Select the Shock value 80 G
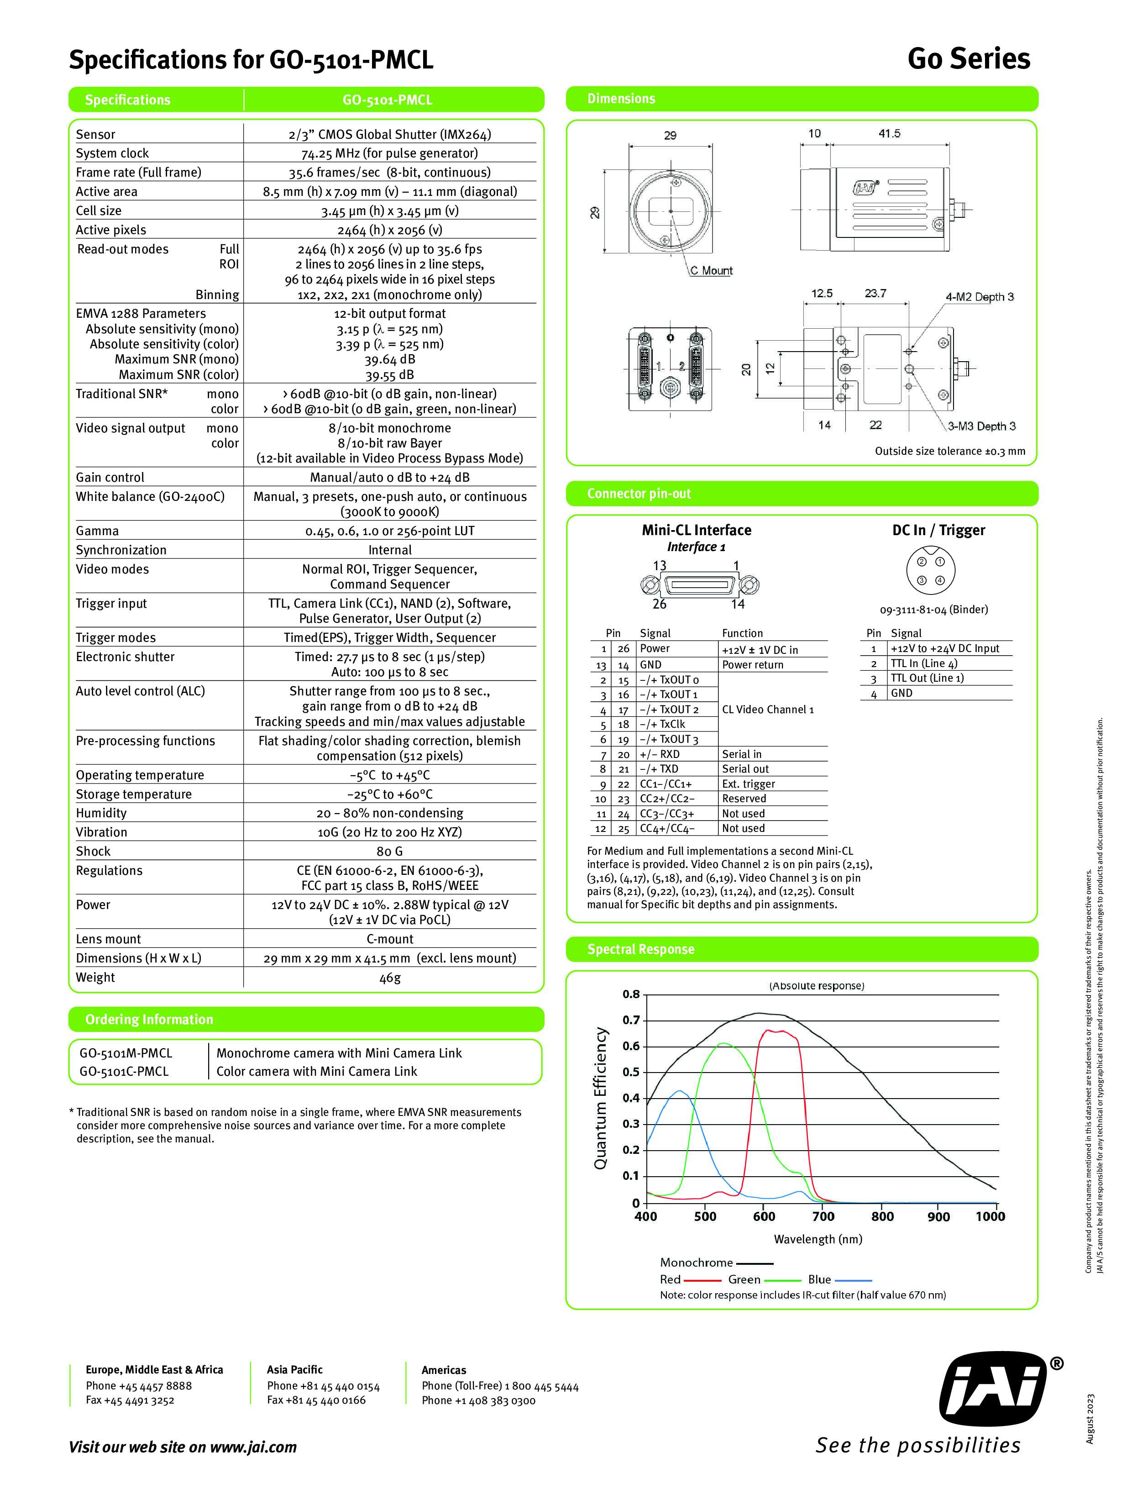389,851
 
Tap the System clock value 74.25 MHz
389,153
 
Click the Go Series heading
968,59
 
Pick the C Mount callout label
711,271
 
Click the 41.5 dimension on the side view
889,134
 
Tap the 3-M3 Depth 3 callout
981,426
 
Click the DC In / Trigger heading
938,530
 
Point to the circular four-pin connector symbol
930,570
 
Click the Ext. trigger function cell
748,784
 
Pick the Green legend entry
744,1279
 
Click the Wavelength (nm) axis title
818,1239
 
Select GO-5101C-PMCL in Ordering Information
124,1071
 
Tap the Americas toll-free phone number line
499,1387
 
